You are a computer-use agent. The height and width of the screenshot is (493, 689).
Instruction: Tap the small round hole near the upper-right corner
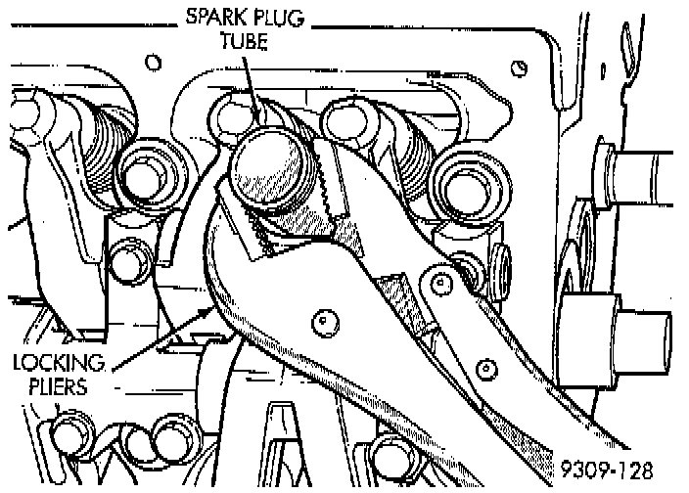tap(522, 68)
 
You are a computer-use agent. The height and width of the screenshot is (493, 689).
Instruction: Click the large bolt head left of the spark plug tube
tap(147, 174)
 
